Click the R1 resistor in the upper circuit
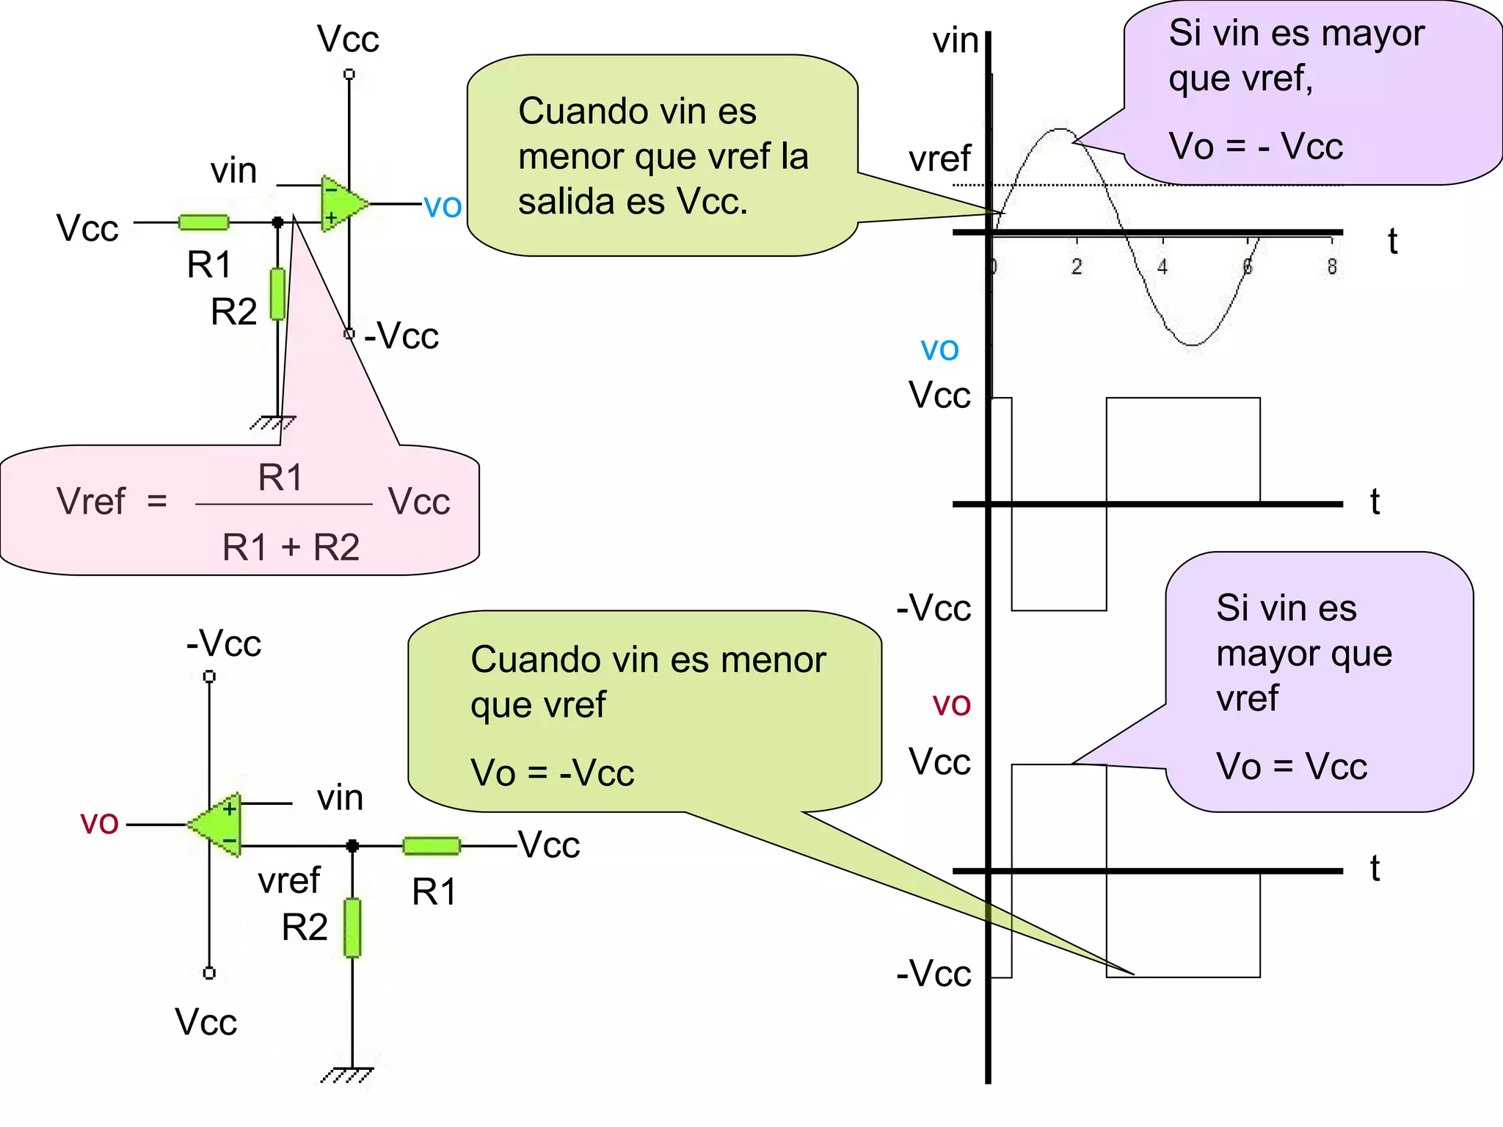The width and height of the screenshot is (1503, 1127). (x=203, y=222)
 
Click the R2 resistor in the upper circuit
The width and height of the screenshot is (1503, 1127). (x=277, y=293)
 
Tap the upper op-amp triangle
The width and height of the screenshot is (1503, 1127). (x=341, y=204)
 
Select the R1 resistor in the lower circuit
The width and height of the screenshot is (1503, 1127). (x=432, y=846)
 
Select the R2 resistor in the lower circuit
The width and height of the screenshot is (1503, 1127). (x=352, y=927)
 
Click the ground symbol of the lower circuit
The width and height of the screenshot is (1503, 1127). (x=348, y=1075)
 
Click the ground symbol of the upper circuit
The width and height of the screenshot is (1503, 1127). (x=272, y=423)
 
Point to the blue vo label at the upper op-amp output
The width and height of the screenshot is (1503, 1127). (x=443, y=206)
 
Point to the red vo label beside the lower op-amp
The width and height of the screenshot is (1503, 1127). (x=99, y=823)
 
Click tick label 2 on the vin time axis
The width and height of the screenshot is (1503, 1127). (x=1077, y=266)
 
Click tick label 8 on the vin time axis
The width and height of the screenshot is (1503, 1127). (x=1332, y=266)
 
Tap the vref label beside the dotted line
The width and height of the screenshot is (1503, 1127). (x=939, y=159)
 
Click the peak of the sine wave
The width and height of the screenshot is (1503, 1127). (x=1060, y=130)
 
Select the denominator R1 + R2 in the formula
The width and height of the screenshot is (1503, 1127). (x=291, y=547)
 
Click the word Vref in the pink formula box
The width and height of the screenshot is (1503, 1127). (x=91, y=502)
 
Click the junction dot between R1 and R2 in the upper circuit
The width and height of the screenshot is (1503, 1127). (x=277, y=222)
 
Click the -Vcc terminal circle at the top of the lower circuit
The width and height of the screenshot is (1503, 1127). (x=209, y=676)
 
